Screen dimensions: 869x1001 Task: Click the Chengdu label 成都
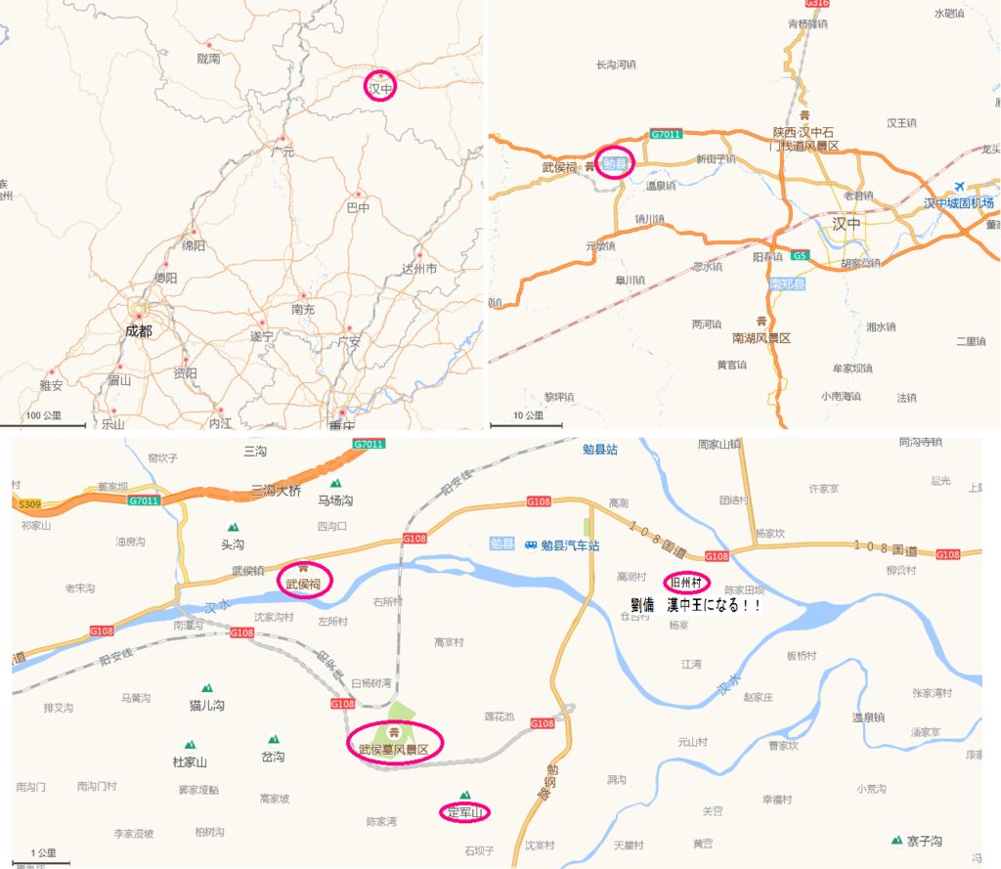[x=139, y=330]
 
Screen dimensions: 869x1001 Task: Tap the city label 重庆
[x=341, y=425]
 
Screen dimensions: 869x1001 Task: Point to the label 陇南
[x=208, y=59]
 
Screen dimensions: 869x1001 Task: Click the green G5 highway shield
[x=801, y=256]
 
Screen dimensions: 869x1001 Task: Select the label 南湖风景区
[x=761, y=337]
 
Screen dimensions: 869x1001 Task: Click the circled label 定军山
[x=465, y=812]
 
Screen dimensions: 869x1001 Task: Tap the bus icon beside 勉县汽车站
[x=531, y=544]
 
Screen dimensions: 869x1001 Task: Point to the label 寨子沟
[x=923, y=841]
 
